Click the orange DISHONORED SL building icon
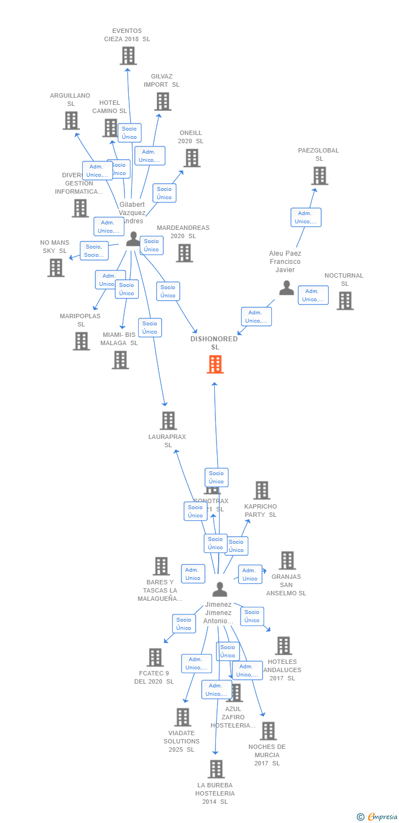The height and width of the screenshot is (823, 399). (x=215, y=364)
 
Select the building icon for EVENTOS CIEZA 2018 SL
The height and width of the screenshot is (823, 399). (x=128, y=56)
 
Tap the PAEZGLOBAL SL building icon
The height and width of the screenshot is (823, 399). (x=320, y=176)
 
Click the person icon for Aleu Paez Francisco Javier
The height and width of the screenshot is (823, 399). (x=286, y=288)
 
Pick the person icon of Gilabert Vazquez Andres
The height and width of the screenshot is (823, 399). (x=133, y=239)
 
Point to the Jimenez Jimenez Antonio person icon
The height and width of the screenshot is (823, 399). (x=219, y=589)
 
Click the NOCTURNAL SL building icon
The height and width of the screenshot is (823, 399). (x=345, y=301)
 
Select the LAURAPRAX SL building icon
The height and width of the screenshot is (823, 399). (x=168, y=421)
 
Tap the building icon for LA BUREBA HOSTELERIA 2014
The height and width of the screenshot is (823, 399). (x=216, y=769)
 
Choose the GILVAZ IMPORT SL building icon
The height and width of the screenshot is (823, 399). (x=162, y=102)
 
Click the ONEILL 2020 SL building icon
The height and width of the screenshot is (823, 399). (x=191, y=158)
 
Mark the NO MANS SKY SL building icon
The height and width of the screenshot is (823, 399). (x=55, y=268)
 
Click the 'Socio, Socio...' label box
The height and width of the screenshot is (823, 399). (x=94, y=251)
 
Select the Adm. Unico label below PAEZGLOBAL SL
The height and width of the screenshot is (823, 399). (x=306, y=217)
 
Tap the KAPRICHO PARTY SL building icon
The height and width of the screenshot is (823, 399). (x=261, y=491)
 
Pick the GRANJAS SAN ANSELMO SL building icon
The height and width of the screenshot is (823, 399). (x=287, y=561)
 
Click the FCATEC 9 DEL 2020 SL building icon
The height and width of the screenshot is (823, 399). (x=155, y=657)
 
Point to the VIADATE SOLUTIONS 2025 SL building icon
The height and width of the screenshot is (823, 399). (x=182, y=717)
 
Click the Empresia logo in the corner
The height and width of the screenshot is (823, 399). (x=377, y=817)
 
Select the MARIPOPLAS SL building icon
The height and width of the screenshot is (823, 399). (x=81, y=341)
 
